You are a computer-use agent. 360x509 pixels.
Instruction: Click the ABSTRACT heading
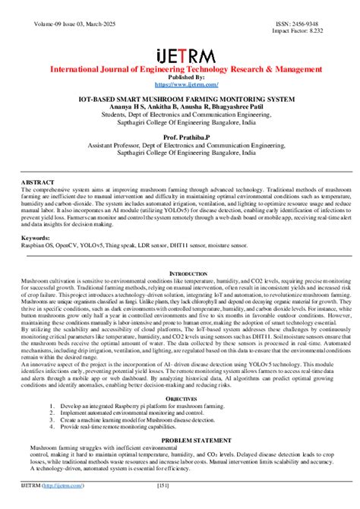click(x=38, y=183)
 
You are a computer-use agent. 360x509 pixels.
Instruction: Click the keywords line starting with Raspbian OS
click(x=134, y=246)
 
